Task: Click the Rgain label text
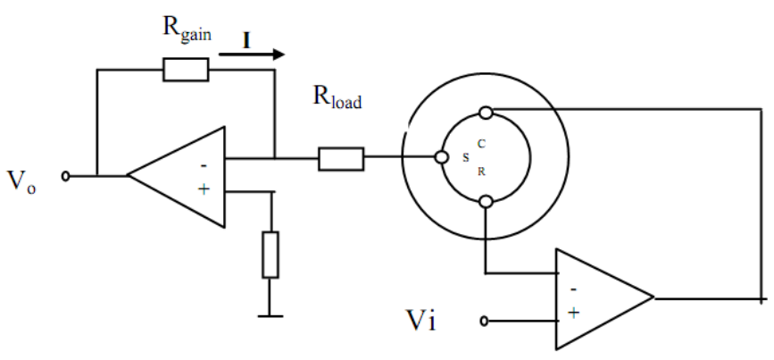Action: [x=187, y=30]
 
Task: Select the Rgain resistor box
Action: [x=186, y=70]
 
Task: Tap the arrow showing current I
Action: [x=252, y=54]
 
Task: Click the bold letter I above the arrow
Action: [x=246, y=41]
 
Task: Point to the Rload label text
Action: [x=337, y=96]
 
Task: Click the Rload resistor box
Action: [x=341, y=158]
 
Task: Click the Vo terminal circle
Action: [x=66, y=176]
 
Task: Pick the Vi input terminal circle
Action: [x=484, y=322]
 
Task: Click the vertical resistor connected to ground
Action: [x=270, y=255]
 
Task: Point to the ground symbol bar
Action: [x=270, y=315]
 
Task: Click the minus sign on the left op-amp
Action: [x=204, y=165]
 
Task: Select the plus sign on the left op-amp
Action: [x=204, y=188]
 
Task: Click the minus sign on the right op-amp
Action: [x=574, y=289]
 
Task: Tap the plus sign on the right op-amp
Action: [x=574, y=313]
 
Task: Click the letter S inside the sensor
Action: [x=465, y=158]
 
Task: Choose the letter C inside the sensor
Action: [x=482, y=144]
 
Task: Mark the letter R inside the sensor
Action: [x=482, y=172]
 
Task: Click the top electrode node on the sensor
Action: [x=487, y=113]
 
